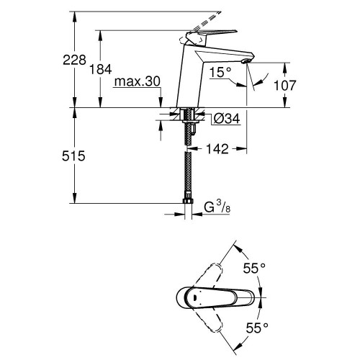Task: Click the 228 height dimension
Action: [x=74, y=60]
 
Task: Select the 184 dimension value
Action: [x=101, y=70]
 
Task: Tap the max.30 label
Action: [x=138, y=81]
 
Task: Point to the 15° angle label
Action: [x=220, y=72]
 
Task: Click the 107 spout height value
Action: [x=285, y=86]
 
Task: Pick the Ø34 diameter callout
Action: [x=227, y=119]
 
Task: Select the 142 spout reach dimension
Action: [x=217, y=149]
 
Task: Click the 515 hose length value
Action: [x=73, y=156]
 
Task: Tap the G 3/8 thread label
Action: [x=217, y=207]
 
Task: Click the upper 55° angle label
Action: [x=254, y=268]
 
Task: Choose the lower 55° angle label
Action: [x=257, y=328]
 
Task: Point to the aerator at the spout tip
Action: [x=246, y=61]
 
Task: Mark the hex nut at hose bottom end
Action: [x=188, y=200]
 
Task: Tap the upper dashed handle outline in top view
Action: [x=208, y=275]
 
